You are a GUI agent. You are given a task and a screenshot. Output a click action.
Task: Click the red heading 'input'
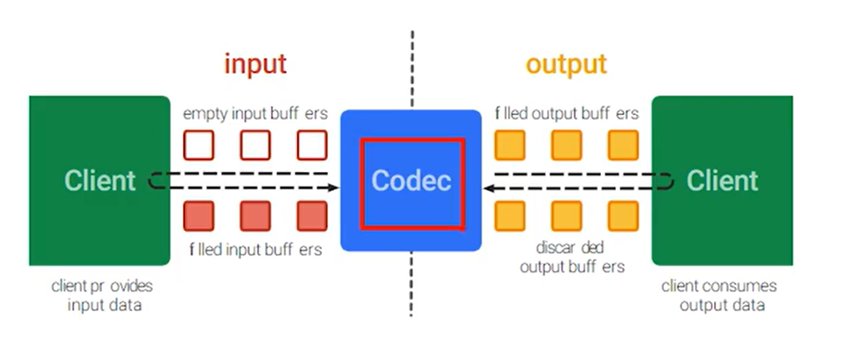(255, 64)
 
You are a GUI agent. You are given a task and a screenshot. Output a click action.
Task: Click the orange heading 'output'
(566, 64)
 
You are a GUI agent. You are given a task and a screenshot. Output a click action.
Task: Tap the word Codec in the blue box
(411, 181)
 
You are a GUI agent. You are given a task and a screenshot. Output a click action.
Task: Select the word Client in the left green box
(100, 181)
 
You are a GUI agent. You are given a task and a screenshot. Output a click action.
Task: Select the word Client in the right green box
(722, 181)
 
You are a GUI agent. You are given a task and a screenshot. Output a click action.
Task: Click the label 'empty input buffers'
(255, 113)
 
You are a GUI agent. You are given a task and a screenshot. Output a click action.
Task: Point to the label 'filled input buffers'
(255, 249)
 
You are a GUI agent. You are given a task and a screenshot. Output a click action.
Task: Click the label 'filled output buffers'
(566, 113)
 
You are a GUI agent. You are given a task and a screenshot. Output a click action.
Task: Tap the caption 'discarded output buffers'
(571, 257)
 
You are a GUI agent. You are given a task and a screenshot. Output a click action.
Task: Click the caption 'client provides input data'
(103, 295)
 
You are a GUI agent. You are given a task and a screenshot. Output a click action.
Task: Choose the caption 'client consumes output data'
(720, 295)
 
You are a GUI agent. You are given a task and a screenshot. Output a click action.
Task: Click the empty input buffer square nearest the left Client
(199, 145)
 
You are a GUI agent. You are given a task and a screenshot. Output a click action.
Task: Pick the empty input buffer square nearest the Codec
(312, 145)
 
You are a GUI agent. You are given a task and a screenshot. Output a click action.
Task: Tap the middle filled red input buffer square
(255, 216)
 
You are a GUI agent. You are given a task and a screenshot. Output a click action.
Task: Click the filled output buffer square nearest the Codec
(510, 145)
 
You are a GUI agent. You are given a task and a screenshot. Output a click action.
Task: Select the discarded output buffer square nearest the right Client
(623, 216)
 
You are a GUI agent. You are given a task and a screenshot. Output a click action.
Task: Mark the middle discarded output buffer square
(566, 216)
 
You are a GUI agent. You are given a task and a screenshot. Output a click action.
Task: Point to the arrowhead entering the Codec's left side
(333, 187)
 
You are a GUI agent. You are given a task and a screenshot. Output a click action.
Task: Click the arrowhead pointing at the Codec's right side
(489, 188)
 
